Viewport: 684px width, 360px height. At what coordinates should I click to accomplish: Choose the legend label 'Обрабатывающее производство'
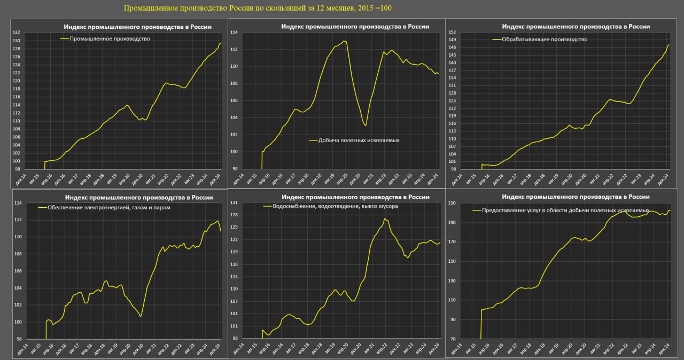click(x=544, y=40)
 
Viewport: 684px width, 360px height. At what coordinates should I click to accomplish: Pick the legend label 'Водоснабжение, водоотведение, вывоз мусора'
click(x=335, y=206)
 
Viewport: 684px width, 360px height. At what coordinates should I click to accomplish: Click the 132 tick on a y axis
click(x=17, y=33)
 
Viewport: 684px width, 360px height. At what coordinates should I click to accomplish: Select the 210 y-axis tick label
click(x=452, y=203)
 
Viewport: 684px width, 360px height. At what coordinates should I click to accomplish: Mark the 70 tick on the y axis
click(x=452, y=339)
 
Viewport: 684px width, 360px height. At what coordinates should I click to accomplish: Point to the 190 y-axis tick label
click(x=452, y=223)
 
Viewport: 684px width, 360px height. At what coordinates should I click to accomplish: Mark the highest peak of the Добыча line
click(x=345, y=41)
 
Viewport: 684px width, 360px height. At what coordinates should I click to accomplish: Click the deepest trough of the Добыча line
click(x=366, y=126)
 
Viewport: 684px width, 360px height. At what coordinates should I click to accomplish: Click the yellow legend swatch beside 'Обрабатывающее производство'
click(x=497, y=40)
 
